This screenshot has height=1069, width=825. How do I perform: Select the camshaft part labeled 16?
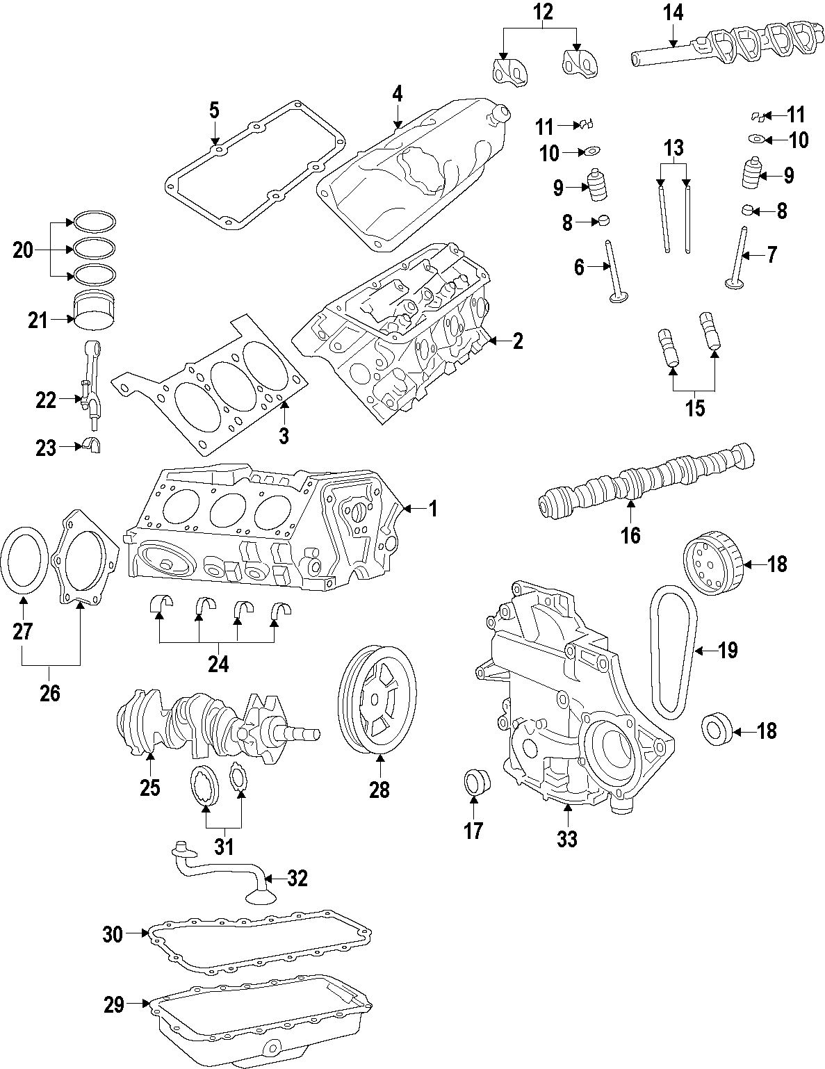click(x=646, y=481)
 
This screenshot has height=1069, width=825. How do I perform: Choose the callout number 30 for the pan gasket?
click(x=113, y=933)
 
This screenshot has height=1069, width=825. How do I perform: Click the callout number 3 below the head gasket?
click(x=283, y=436)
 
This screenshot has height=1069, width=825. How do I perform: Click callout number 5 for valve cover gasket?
click(x=214, y=110)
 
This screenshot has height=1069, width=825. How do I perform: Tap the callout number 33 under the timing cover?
click(x=567, y=839)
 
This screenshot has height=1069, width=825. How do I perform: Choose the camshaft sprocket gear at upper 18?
click(x=712, y=564)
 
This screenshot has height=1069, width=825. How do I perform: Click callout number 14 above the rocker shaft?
click(x=673, y=13)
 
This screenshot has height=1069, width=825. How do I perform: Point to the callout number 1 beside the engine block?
click(x=432, y=509)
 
